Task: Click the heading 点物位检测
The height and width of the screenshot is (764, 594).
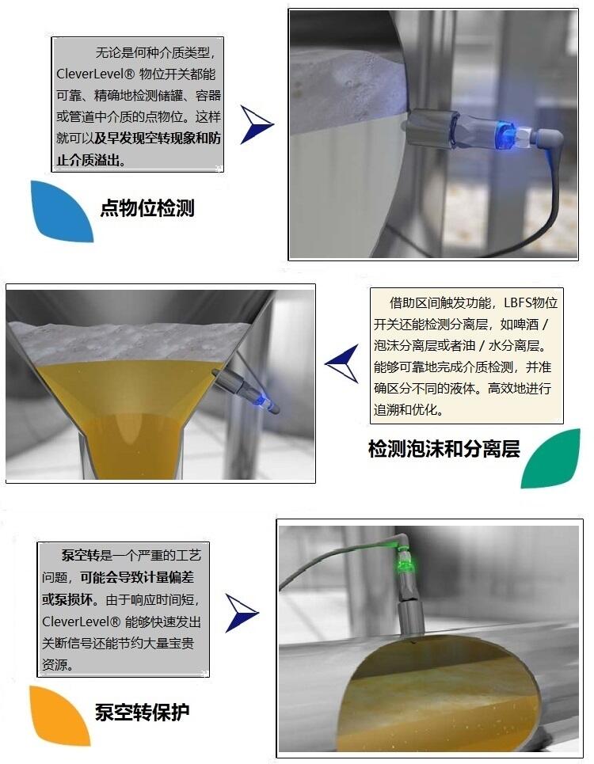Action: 147,208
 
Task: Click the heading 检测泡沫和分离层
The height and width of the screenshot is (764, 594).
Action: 444,449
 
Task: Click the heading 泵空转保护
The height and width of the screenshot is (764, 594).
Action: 142,713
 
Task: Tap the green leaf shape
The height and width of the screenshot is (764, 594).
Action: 551,458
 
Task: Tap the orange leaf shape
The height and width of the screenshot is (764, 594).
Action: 59,715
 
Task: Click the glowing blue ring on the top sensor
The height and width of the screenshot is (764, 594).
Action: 505,134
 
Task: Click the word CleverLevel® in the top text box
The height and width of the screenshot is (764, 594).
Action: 95,74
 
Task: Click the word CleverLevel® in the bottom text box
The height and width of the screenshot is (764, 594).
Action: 81,621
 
